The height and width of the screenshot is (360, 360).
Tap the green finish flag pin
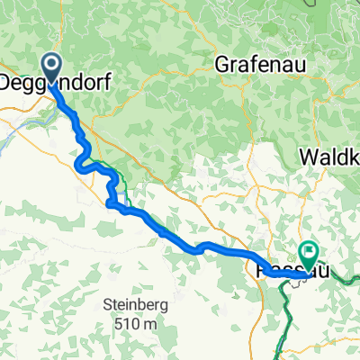(308, 255)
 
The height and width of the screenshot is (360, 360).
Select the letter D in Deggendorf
(4, 81)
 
